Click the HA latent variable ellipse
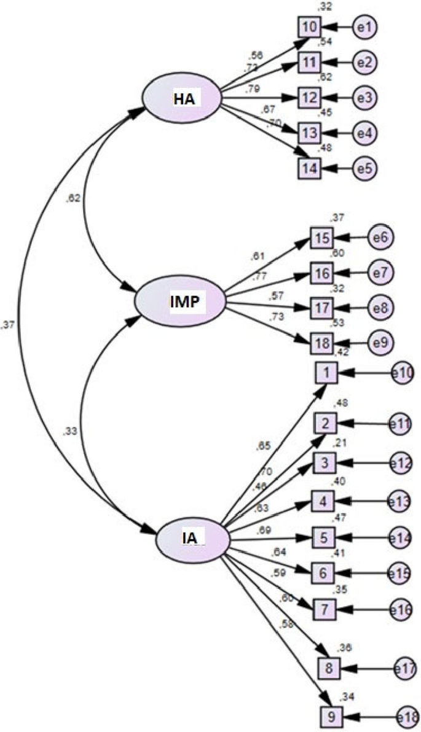coord(182,98)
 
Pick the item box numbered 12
coord(310,98)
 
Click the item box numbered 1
coord(326,372)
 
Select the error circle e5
coord(365,168)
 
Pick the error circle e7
coord(380,272)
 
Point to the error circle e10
coord(405,372)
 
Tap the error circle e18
coord(407,716)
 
